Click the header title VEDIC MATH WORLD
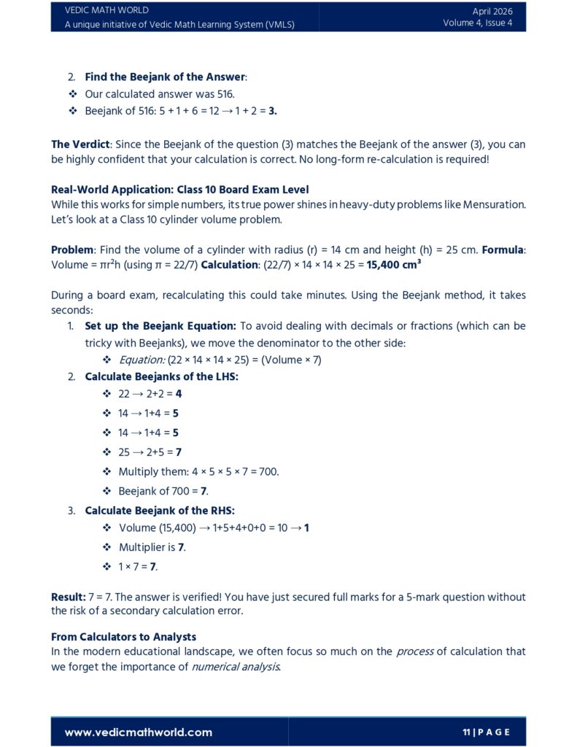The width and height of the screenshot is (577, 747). click(x=107, y=10)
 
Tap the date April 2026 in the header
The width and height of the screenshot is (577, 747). click(x=492, y=11)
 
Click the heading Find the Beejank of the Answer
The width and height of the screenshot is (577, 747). click(x=166, y=77)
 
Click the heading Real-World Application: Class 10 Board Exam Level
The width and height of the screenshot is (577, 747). click(x=179, y=190)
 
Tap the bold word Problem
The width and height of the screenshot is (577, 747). click(x=71, y=249)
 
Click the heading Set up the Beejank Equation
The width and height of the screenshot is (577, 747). click(x=160, y=326)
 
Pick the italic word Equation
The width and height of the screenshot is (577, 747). click(x=142, y=360)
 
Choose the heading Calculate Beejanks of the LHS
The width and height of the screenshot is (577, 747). click(x=161, y=376)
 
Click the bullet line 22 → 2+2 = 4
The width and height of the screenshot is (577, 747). click(x=150, y=393)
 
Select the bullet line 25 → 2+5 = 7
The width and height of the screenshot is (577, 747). click(x=150, y=452)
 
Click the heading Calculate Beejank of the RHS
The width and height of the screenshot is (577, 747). click(x=160, y=511)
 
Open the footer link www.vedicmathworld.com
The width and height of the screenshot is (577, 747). click(x=139, y=732)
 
